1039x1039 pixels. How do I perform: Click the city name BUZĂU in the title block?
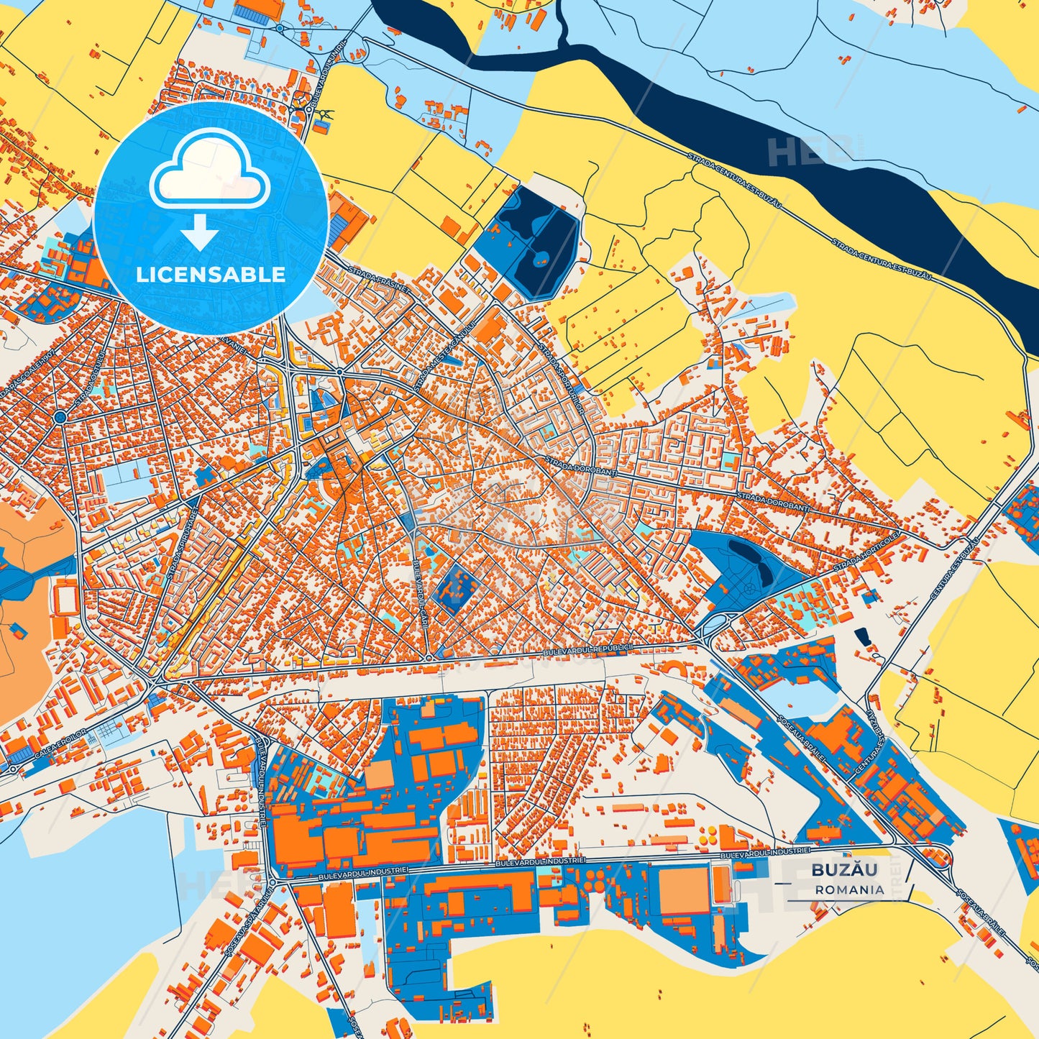[844, 869]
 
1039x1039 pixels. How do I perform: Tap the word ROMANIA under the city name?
[849, 889]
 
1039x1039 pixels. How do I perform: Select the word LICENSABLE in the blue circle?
[211, 274]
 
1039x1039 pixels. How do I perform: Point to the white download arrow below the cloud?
[199, 232]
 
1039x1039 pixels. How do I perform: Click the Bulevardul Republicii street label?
[587, 649]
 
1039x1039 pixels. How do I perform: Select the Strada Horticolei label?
[867, 552]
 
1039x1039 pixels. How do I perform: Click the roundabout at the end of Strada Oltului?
[60, 416]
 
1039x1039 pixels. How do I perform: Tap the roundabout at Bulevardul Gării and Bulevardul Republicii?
[429, 657]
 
